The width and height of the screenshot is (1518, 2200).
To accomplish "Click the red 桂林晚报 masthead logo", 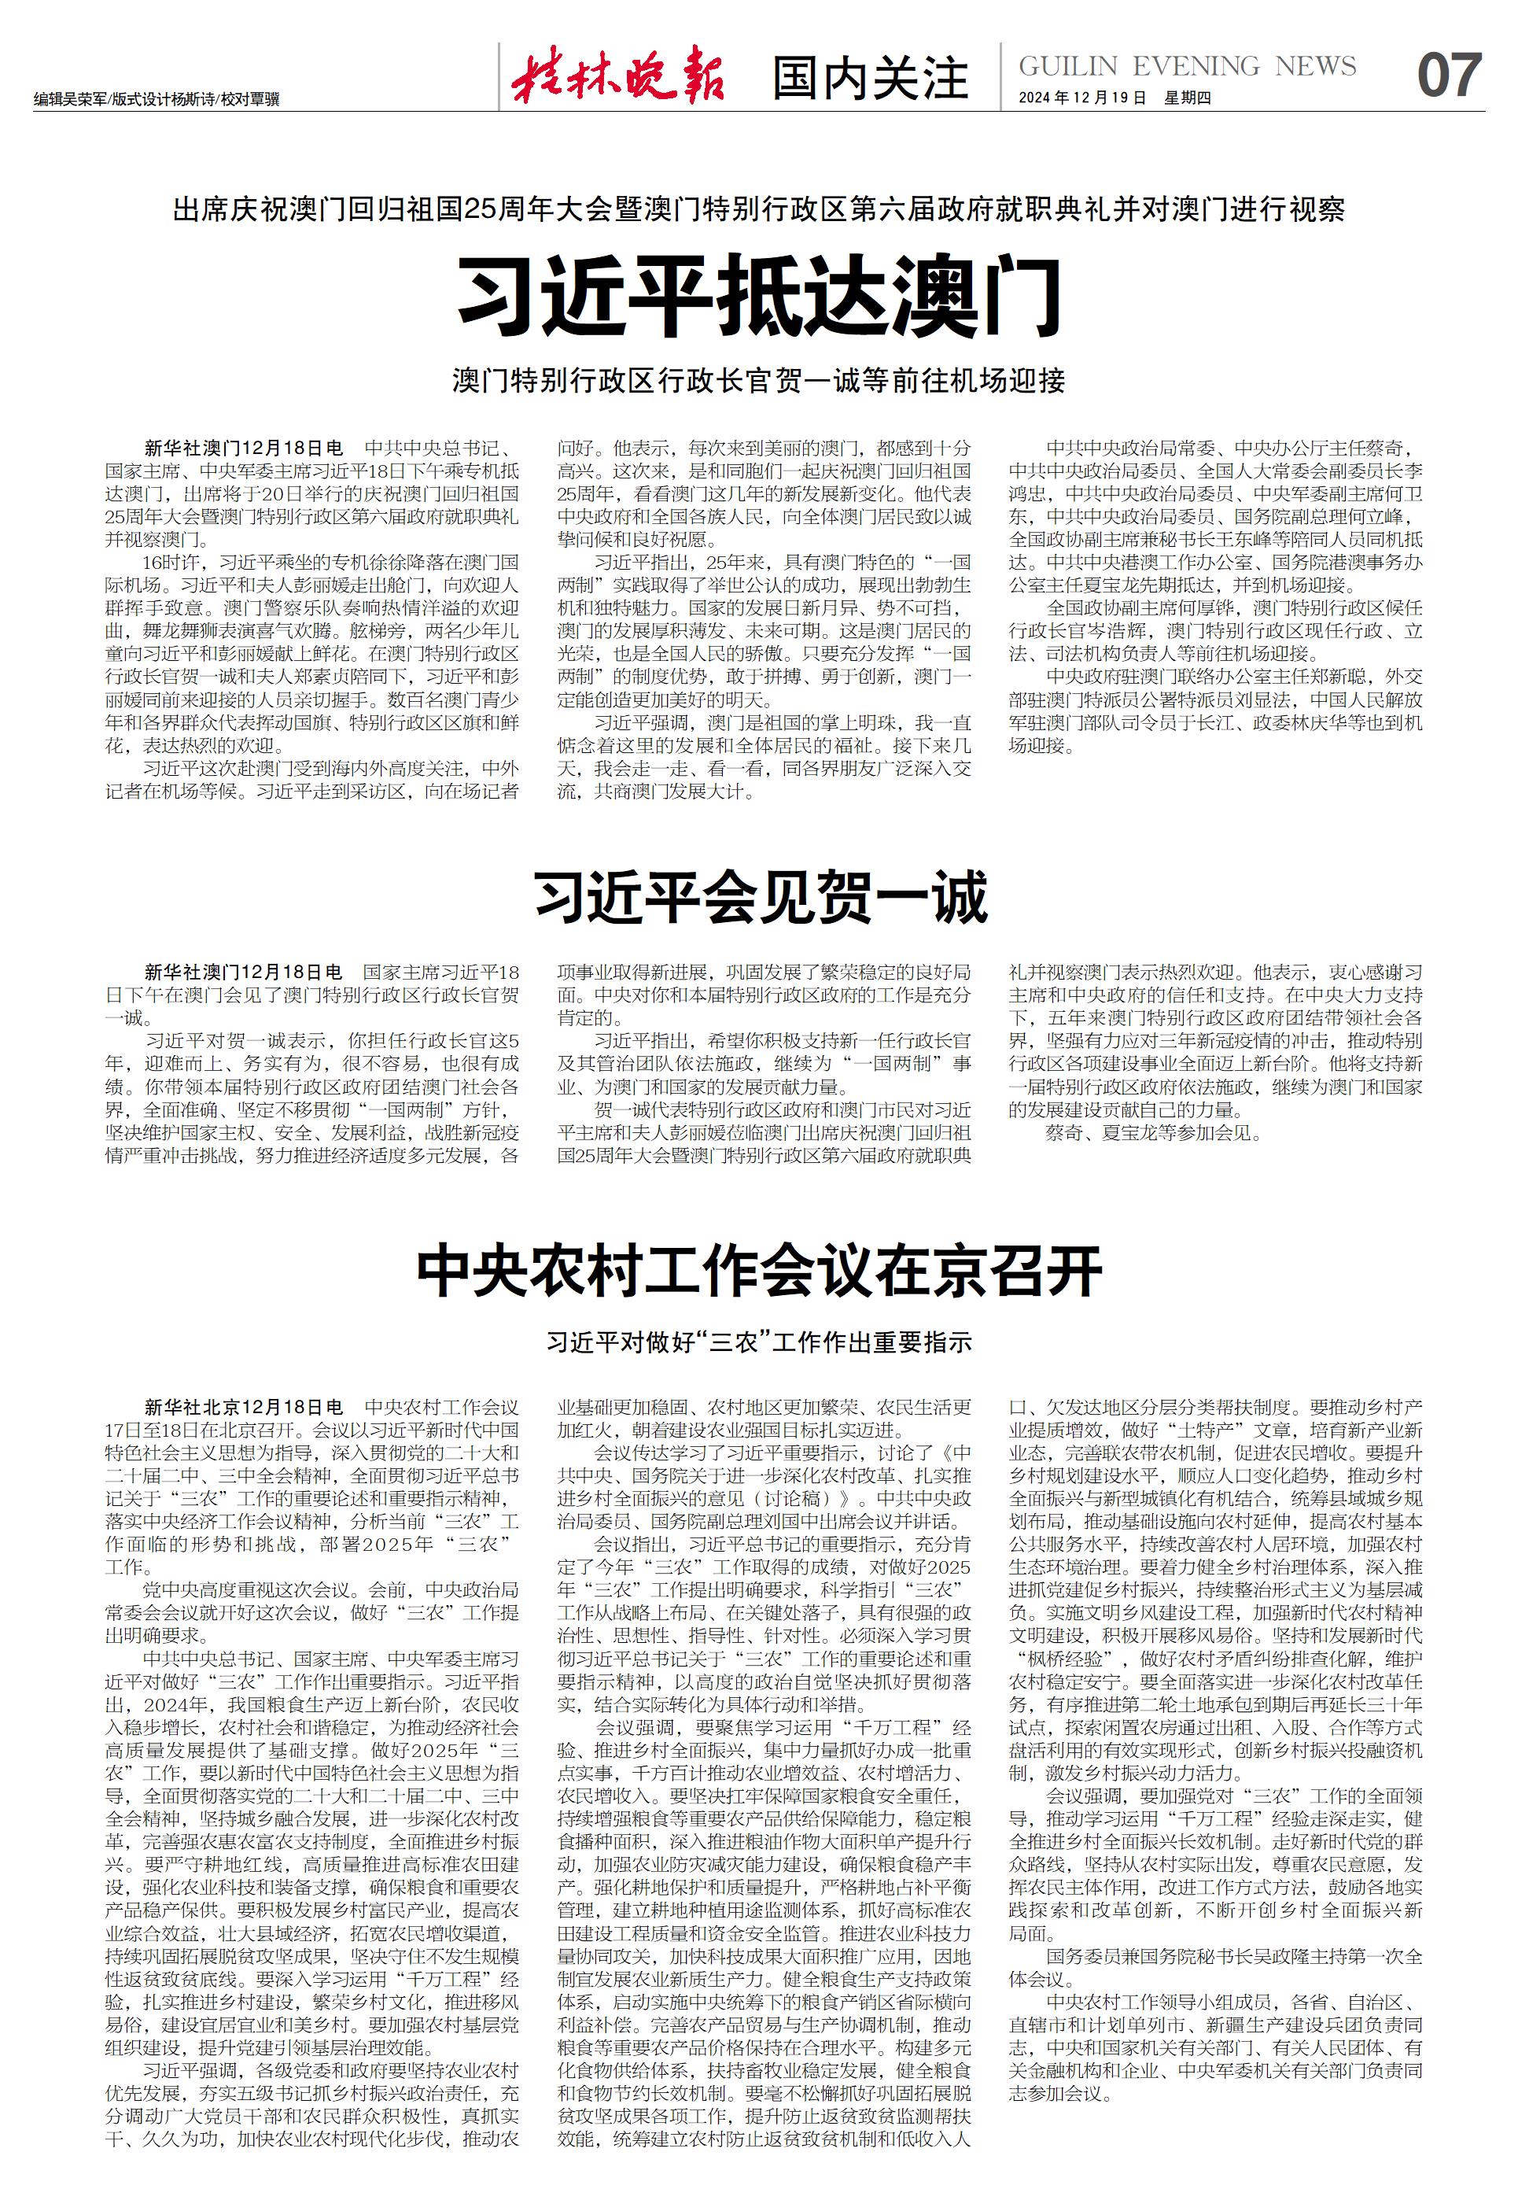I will (618, 76).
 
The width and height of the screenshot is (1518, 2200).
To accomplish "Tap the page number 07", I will (1449, 76).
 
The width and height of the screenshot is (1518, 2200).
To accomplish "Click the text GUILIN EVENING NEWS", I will (1187, 65).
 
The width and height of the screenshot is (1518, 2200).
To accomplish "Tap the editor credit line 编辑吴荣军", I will (69, 99).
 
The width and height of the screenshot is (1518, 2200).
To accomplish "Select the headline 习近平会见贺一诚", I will (760, 896).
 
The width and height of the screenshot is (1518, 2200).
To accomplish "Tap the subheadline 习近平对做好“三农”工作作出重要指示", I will (759, 1342).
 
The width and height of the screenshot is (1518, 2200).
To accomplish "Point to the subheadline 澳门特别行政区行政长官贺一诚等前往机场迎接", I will (759, 382).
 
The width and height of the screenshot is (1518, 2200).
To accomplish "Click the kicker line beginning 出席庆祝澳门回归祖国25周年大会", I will (759, 209).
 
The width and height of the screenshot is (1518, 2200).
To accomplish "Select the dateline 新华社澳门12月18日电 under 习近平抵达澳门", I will (244, 447).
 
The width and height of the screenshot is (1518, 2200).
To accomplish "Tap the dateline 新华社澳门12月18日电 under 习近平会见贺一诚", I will (244, 972).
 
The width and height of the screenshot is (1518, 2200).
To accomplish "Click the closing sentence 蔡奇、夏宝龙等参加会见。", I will (1154, 1132).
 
